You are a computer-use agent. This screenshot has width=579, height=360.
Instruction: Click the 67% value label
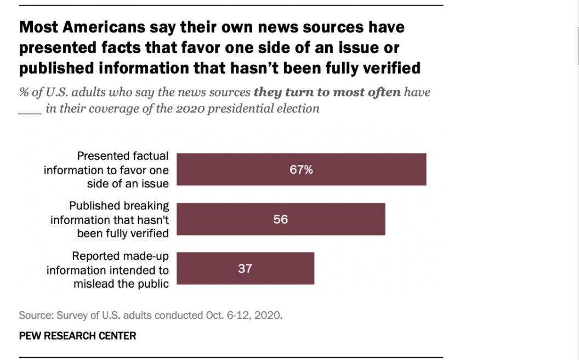pyautogui.click(x=301, y=170)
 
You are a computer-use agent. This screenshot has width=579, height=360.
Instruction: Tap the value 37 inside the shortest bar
pyautogui.click(x=245, y=268)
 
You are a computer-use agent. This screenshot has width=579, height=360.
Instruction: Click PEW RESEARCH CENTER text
pyautogui.click(x=77, y=335)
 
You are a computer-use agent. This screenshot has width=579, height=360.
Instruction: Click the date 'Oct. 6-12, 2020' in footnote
pyautogui.click(x=248, y=316)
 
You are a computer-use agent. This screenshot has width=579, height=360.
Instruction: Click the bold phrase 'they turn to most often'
pyautogui.click(x=327, y=92)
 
